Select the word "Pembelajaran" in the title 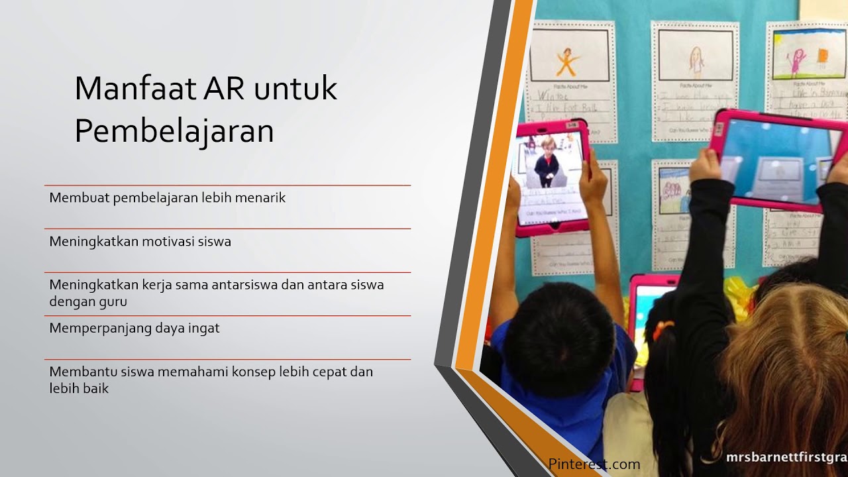tap(174, 131)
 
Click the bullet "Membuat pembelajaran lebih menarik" tap(167, 197)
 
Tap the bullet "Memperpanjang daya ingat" tap(134, 328)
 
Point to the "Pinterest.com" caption tap(594, 464)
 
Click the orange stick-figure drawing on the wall tap(566, 61)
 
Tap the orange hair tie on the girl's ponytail tap(662, 329)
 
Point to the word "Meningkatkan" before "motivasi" tap(94, 242)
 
